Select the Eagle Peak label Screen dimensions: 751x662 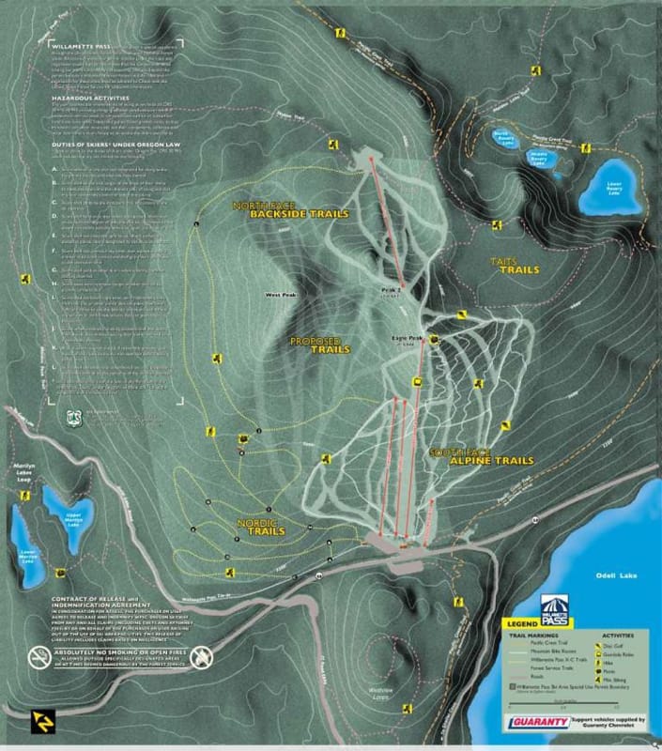409,338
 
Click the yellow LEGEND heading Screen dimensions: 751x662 523,622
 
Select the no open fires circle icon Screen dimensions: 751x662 200,659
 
